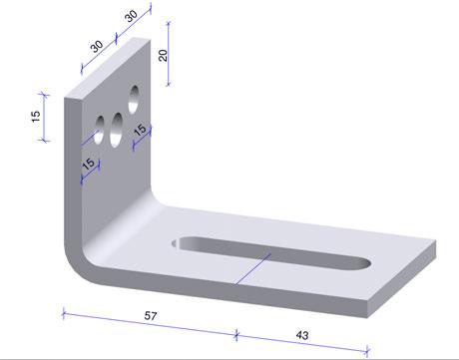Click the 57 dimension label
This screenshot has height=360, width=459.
(151, 315)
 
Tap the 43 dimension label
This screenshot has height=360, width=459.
(302, 335)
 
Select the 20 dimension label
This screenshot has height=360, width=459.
(163, 55)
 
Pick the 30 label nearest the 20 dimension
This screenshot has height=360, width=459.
(132, 15)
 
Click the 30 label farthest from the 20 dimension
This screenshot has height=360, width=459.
(97, 46)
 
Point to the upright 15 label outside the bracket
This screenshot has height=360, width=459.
(36, 117)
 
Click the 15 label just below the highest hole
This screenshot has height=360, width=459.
(140, 130)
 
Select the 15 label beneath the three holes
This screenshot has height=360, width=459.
(89, 164)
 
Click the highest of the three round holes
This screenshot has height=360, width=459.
(134, 99)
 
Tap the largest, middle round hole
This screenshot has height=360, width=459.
(116, 130)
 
